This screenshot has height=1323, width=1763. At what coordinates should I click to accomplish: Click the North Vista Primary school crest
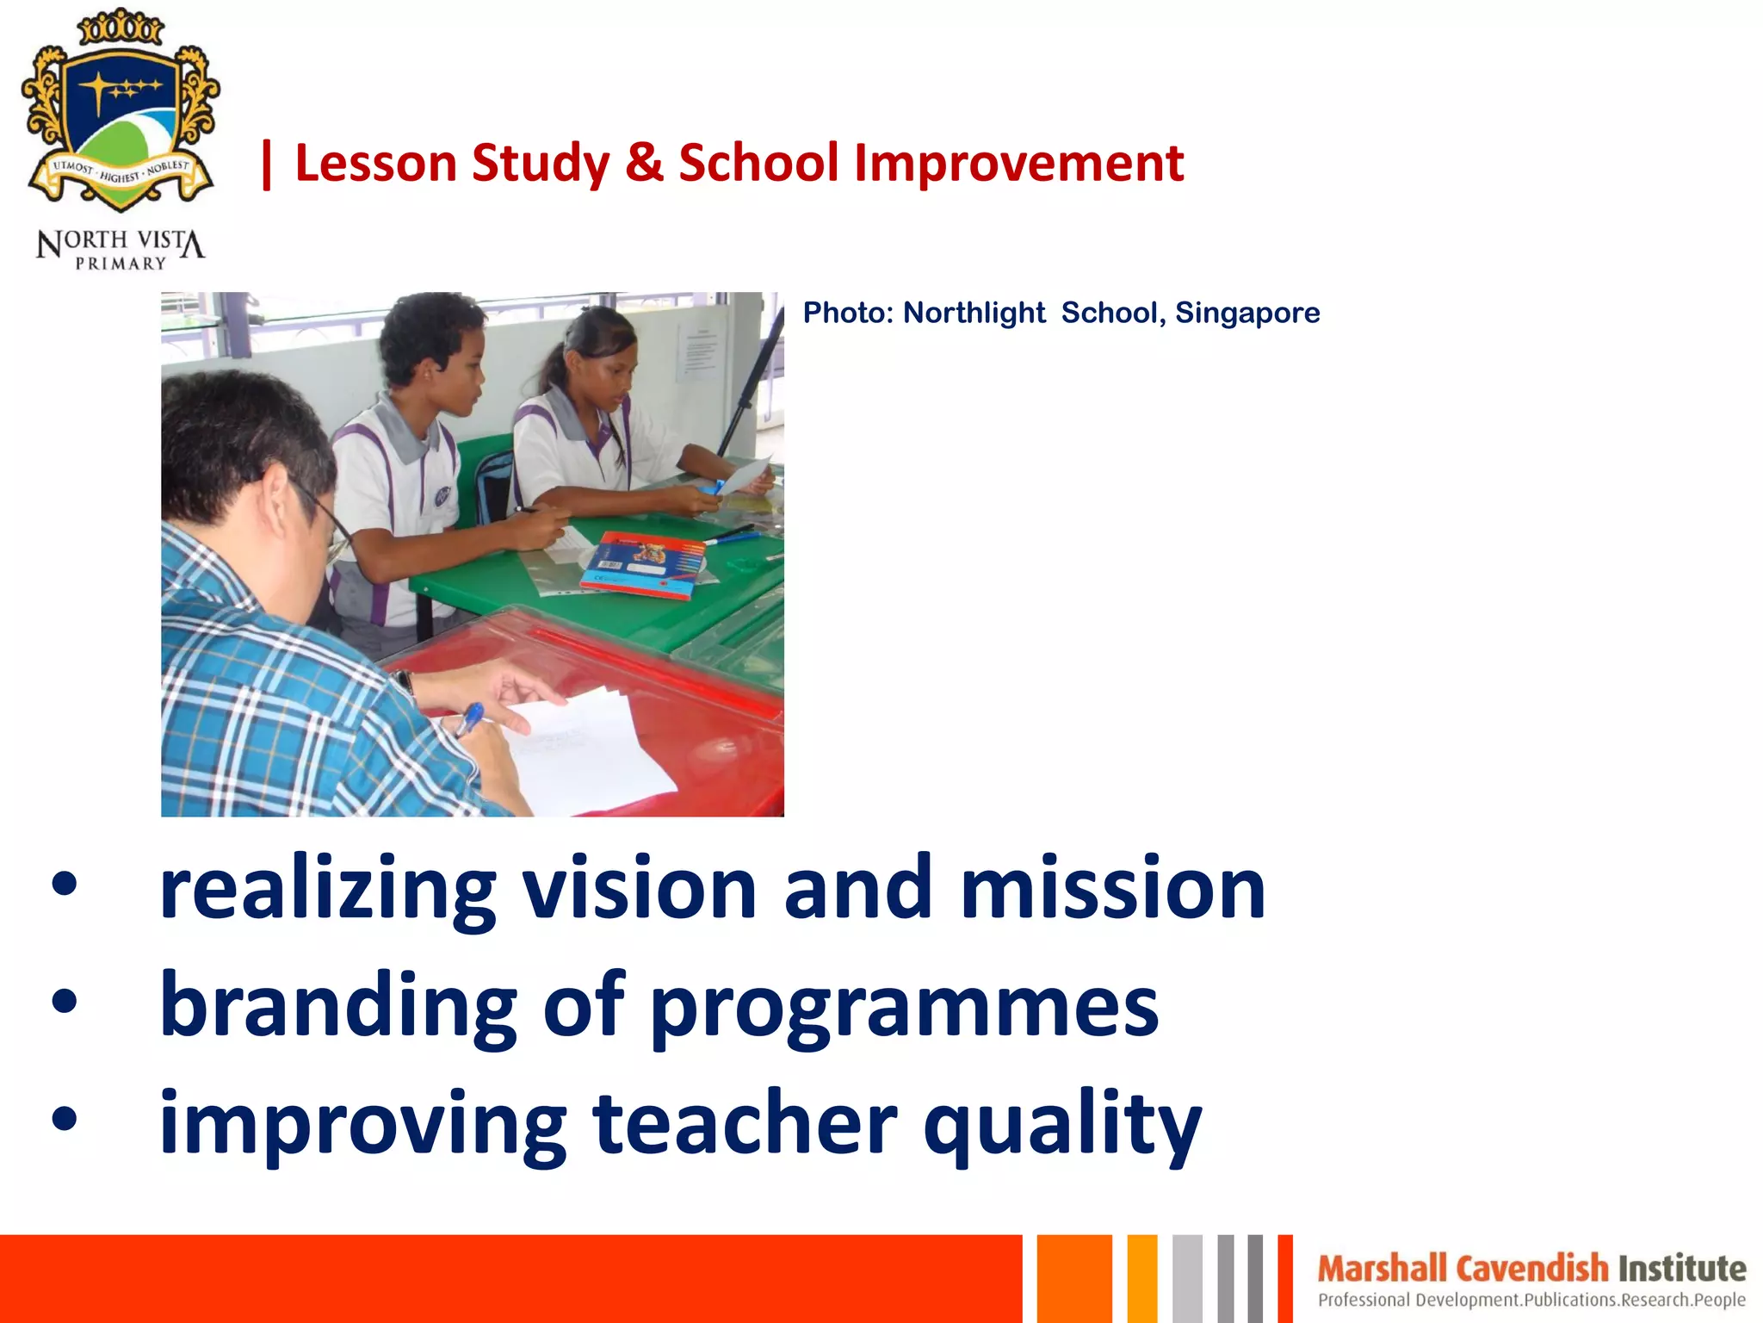121,112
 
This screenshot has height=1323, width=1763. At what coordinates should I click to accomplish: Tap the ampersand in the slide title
645,163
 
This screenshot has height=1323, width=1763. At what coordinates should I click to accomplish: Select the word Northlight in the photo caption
974,313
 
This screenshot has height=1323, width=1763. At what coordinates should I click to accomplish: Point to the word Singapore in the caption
1247,313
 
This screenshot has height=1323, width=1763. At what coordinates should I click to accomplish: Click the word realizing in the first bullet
328,890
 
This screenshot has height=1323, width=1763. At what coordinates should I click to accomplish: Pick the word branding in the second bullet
338,1006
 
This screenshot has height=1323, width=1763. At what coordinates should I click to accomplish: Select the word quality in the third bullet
1062,1124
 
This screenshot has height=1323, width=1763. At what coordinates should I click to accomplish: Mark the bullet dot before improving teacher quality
65,1119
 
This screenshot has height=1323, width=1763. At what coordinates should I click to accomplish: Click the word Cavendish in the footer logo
1532,1269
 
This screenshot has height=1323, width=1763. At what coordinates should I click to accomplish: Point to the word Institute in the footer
1682,1269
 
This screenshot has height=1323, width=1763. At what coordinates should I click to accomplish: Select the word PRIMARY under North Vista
121,264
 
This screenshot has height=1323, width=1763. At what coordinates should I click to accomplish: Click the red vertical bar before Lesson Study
267,165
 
